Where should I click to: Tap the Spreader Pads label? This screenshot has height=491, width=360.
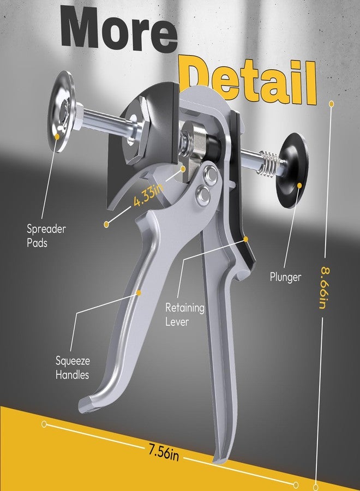coord(46,236)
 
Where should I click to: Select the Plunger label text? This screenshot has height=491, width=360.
coord(285,277)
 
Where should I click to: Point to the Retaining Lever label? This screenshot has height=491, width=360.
coord(185,314)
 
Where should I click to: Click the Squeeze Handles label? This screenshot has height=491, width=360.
coord(73,368)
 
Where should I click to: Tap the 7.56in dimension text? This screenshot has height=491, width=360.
coord(164,453)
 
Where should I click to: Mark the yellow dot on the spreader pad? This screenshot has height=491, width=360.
coord(57,136)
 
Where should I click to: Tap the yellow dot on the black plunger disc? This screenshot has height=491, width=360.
coord(299,185)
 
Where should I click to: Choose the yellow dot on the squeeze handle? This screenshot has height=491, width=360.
coord(139,293)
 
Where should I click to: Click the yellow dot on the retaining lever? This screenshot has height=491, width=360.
coord(246,239)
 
